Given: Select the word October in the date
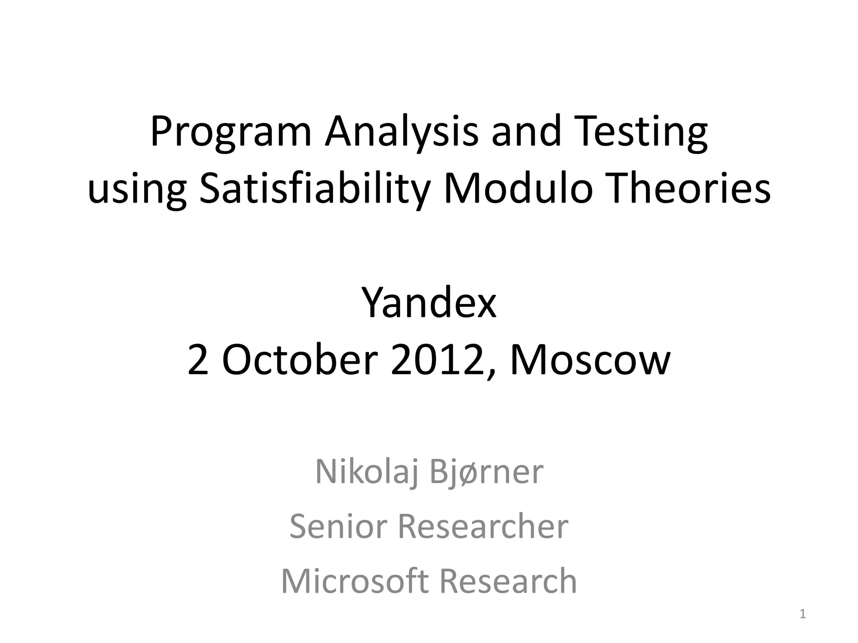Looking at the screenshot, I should [300, 360].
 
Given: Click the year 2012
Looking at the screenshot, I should [442, 360].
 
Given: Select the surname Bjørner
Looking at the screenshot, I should [486, 473].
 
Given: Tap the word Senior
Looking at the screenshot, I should [338, 526].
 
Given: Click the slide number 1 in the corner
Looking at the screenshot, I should [803, 615].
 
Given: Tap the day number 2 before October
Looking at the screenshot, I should [198, 360].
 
